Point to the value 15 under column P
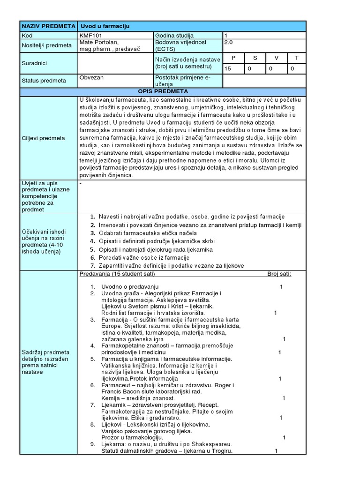tap(228, 69)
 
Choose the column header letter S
tap(255, 58)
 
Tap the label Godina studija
tap(174, 36)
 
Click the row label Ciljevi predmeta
tap(43, 138)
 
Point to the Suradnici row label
tap(35, 62)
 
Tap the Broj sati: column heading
tap(279, 274)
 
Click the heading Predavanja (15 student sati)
tap(117, 274)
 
